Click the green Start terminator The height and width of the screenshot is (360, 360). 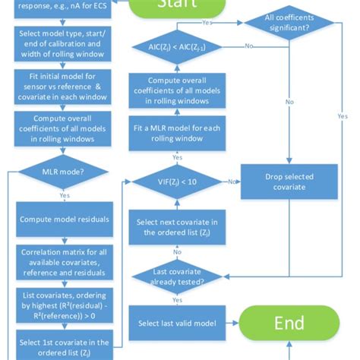click(180, 5)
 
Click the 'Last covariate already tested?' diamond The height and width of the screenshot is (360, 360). click(176, 276)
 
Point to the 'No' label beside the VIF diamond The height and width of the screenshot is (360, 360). click(232, 182)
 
